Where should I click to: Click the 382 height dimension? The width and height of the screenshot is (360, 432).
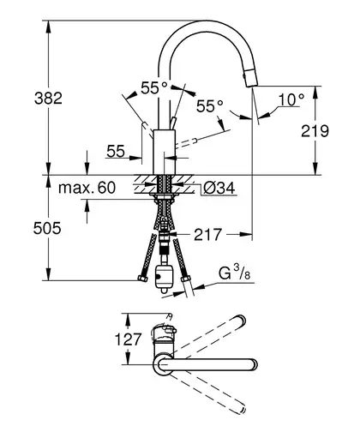48,98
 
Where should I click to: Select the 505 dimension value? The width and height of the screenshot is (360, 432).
47,228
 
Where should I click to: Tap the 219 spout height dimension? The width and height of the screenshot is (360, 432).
315,131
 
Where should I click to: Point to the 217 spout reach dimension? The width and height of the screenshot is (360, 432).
207,235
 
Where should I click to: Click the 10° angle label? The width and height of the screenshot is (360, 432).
291,99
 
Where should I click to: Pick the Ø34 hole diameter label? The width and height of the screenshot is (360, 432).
219,188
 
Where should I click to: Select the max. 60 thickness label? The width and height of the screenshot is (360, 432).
87,188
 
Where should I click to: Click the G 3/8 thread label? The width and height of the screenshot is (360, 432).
235,273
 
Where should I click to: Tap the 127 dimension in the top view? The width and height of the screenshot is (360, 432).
128,339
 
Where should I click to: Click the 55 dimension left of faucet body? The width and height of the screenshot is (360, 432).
116,151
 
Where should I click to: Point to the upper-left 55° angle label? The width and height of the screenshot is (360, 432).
153,87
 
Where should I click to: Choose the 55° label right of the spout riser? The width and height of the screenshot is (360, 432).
209,106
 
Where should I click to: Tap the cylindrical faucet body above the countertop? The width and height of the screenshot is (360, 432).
165,152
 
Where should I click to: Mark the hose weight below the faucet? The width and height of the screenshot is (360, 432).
163,279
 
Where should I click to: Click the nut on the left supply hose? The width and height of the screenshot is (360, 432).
142,279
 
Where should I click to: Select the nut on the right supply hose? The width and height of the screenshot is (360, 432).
186,279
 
